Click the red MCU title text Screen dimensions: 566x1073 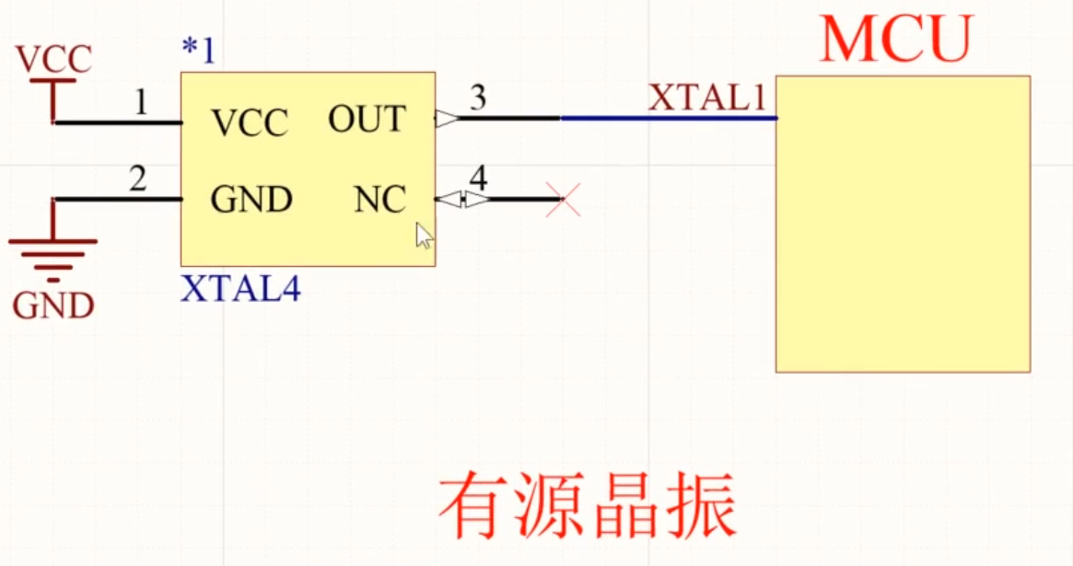click(896, 39)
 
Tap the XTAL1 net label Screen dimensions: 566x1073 click(707, 98)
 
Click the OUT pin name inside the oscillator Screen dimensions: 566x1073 click(367, 119)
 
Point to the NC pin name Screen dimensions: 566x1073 click(379, 200)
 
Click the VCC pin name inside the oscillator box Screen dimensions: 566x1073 click(249, 122)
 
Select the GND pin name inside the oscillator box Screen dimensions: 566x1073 click(251, 200)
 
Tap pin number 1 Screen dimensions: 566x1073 click(140, 102)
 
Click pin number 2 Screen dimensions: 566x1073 click(137, 179)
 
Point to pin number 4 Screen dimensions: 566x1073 click(478, 176)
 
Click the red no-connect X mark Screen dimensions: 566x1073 click(563, 199)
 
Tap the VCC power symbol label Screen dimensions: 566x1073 click(53, 60)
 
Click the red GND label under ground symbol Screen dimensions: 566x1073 click(53, 306)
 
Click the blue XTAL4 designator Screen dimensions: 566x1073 click(240, 289)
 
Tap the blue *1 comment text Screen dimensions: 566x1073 click(198, 51)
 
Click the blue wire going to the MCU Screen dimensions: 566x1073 click(668, 118)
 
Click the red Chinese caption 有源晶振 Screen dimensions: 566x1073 click(587, 507)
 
